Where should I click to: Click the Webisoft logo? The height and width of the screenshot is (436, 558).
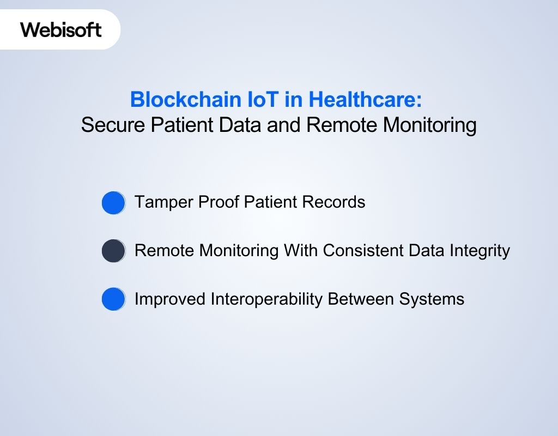coord(61,29)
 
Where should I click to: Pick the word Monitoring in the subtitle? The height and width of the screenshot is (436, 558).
coord(429,125)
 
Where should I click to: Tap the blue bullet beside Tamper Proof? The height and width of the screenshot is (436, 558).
coord(113,203)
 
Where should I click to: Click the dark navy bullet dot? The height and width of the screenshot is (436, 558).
coord(113,251)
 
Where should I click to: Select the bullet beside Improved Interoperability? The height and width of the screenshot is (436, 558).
coord(113,300)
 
